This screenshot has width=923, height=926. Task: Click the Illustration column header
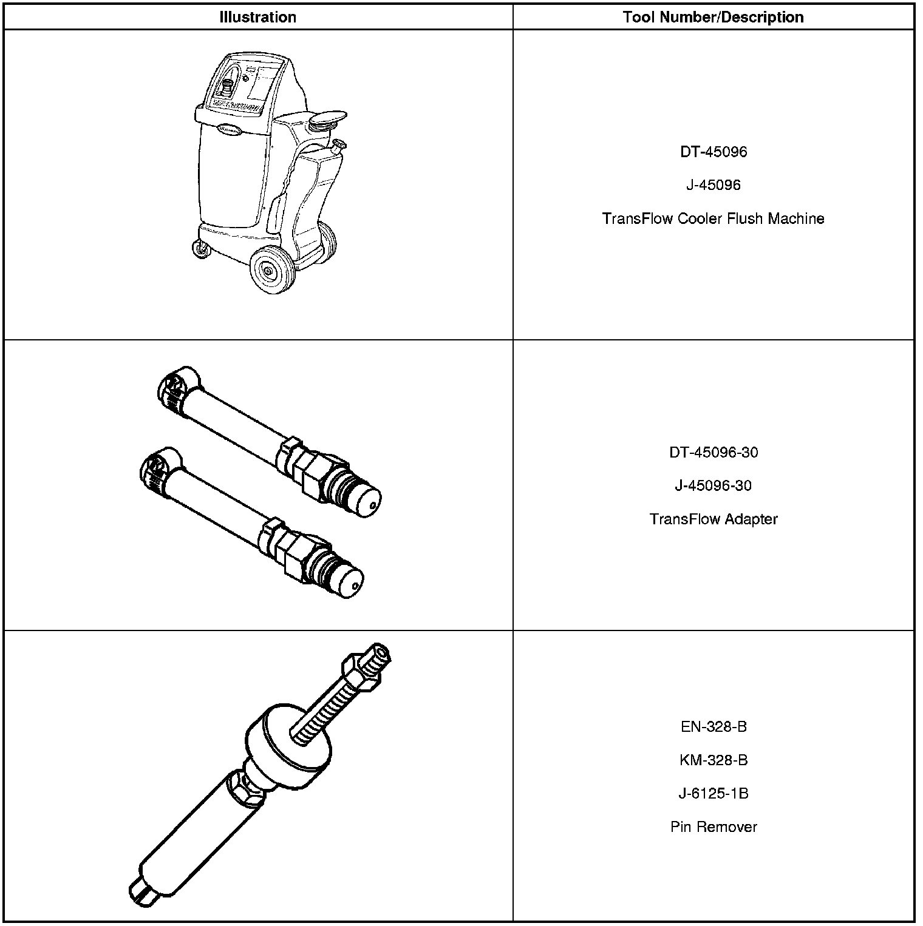pos(257,17)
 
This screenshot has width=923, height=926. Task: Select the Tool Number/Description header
pos(713,17)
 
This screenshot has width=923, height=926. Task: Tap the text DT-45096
pos(713,152)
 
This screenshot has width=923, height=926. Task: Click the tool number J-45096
pos(713,185)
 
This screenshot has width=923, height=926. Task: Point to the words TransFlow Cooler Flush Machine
pos(713,218)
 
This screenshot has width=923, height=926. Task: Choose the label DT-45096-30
pos(713,452)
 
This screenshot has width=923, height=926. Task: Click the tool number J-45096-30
pos(713,485)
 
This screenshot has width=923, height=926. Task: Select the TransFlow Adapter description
pos(713,519)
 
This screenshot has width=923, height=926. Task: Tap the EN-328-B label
pos(713,726)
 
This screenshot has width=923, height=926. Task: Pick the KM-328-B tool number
pos(713,760)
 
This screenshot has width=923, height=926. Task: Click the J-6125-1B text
pos(713,793)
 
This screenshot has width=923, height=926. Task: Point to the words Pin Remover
pos(713,826)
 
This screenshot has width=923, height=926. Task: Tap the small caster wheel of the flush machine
pos(198,249)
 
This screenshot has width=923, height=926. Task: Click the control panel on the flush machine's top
pos(246,82)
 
